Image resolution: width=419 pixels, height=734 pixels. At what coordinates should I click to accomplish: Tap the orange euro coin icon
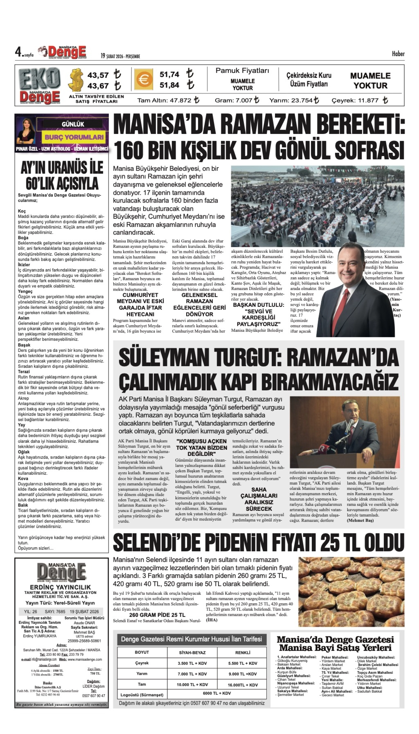[x=143, y=79]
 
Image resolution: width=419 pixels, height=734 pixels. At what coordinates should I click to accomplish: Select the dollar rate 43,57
[x=98, y=75]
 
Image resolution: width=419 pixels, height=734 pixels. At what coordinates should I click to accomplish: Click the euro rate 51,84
[x=169, y=85]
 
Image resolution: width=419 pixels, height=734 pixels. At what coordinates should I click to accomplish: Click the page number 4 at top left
[x=18, y=52]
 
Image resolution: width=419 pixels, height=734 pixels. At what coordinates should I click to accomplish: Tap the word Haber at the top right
[x=398, y=54]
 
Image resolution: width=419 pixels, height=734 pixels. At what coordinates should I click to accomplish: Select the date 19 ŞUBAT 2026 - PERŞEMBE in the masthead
[x=120, y=56]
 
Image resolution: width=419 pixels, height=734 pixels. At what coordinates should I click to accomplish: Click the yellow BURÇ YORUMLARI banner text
[x=74, y=137]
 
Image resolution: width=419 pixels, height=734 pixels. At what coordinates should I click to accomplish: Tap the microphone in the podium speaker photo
[x=349, y=425]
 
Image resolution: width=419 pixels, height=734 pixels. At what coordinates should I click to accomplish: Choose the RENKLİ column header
[x=243, y=653]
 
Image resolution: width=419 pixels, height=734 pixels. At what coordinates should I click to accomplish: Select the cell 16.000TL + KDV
[x=243, y=685]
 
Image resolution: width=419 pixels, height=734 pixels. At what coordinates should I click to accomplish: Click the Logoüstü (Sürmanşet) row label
[x=142, y=695]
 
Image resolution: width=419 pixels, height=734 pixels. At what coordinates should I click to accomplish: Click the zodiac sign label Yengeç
[x=25, y=291]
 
